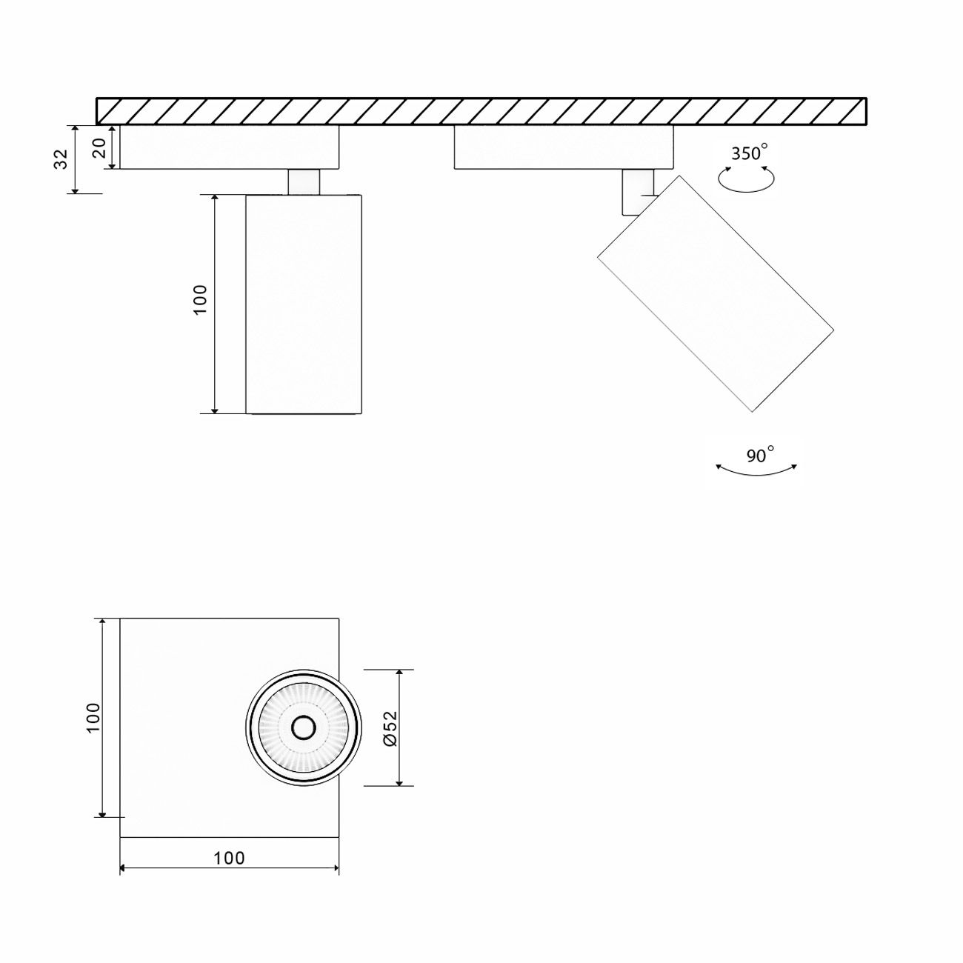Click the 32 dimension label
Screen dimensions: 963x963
click(x=62, y=159)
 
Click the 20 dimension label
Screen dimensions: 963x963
click(x=99, y=148)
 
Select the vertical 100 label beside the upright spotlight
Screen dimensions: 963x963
click(x=201, y=300)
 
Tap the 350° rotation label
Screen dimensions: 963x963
click(x=747, y=153)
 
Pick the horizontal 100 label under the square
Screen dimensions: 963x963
click(x=229, y=858)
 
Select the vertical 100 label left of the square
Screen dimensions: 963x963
click(x=93, y=717)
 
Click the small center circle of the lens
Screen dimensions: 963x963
click(x=303, y=728)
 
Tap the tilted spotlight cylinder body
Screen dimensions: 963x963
click(x=715, y=293)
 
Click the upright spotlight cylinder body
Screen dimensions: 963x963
click(x=303, y=304)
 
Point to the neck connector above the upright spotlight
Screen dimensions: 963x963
click(x=304, y=182)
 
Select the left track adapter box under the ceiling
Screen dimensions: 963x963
click(x=229, y=147)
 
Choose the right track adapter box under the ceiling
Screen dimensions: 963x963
click(x=563, y=147)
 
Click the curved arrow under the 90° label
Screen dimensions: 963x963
click(x=756, y=471)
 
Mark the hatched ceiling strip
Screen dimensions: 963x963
click(x=481, y=110)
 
